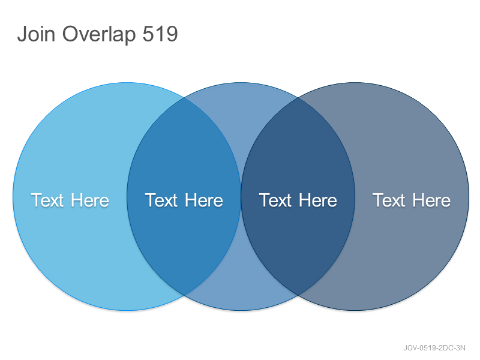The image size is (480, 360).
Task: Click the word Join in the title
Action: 36,34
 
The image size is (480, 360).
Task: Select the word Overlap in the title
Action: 99,35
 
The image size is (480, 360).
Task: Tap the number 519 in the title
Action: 160,34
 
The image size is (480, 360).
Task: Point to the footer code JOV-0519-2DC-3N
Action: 434,348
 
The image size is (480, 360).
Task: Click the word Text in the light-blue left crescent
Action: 47,200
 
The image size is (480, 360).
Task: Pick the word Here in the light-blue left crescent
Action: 90,200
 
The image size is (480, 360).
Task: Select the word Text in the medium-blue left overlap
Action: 161,200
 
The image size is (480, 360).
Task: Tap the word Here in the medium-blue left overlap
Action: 204,200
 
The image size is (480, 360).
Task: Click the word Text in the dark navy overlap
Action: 275,200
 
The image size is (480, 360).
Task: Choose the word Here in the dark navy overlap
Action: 318,200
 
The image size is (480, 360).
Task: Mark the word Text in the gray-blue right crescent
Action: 389,200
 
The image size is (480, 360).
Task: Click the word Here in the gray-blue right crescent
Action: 431,200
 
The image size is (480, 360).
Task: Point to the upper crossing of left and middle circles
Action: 184,98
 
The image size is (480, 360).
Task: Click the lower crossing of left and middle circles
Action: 184,295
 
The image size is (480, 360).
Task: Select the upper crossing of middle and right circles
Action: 298,98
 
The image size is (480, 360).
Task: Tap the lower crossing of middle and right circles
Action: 298,295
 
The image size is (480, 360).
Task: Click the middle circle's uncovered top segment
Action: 241,116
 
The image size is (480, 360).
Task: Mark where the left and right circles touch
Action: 241,197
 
